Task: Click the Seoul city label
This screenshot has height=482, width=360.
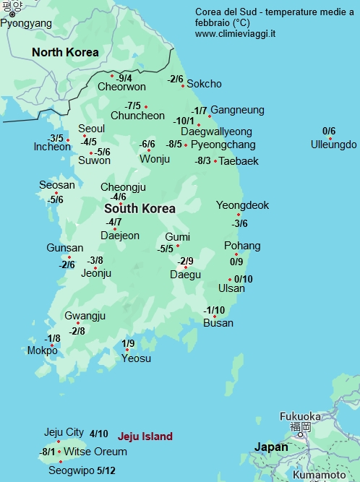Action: click(x=92, y=129)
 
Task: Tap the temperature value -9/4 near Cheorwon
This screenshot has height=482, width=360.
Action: click(x=124, y=78)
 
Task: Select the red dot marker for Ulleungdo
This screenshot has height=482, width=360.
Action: click(x=330, y=139)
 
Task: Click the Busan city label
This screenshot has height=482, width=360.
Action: click(x=218, y=323)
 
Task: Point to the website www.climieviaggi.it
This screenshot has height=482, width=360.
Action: click(x=235, y=34)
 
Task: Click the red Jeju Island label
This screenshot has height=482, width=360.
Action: click(x=145, y=436)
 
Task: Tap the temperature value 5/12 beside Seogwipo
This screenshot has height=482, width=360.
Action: click(x=106, y=470)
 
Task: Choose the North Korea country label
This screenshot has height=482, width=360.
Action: click(x=65, y=52)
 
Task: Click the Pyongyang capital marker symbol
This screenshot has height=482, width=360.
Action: click(x=12, y=14)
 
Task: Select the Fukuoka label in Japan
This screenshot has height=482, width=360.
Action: click(x=300, y=416)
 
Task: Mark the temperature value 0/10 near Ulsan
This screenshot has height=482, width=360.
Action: click(x=244, y=279)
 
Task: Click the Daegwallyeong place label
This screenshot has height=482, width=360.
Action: click(x=216, y=132)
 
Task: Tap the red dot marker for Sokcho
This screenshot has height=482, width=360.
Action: click(x=184, y=85)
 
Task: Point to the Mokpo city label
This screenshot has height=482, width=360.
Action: click(x=42, y=350)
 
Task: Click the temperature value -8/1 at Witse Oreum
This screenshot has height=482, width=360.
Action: click(x=48, y=452)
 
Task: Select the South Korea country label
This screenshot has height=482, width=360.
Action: click(x=140, y=208)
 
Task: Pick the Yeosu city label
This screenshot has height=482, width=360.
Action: click(x=136, y=358)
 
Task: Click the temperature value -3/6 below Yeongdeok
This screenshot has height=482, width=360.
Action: click(x=239, y=223)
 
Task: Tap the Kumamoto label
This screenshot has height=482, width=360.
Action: click(x=319, y=475)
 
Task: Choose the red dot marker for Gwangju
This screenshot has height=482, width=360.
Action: click(x=78, y=323)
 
